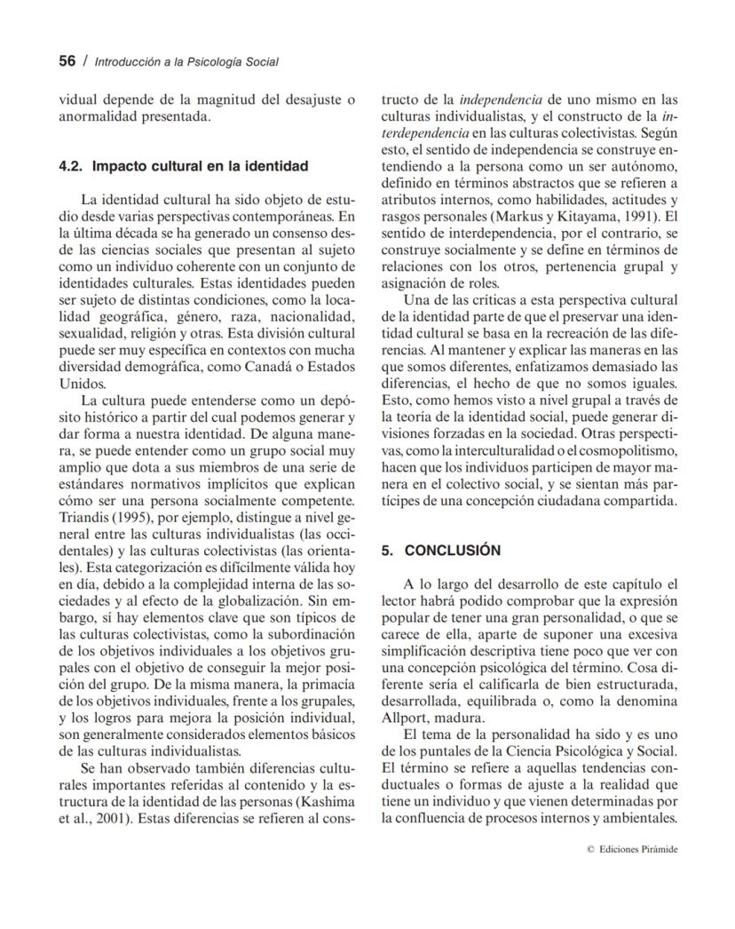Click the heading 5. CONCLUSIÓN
pyautogui.click(x=440, y=550)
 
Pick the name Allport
pyautogui.click(x=405, y=718)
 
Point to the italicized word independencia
pyautogui.click(x=499, y=100)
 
